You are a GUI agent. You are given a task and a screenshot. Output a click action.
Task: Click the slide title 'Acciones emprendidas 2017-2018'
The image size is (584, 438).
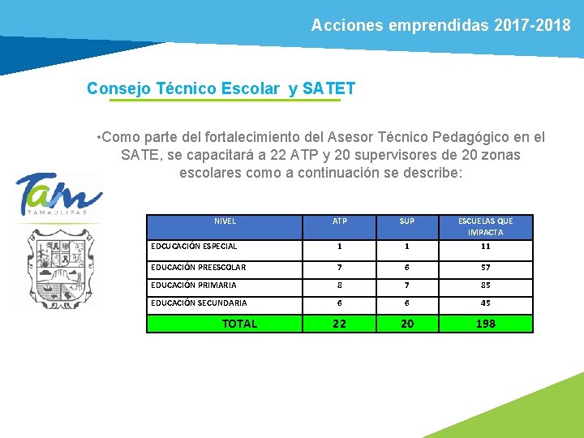point(440,25)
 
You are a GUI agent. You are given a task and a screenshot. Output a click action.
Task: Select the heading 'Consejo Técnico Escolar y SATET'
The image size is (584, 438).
point(221,88)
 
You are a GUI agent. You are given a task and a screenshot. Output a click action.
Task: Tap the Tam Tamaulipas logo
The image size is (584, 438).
point(59,195)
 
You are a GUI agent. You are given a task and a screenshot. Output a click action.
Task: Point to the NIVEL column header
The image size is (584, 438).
point(225,221)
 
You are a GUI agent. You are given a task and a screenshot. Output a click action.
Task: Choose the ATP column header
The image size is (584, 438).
point(340,221)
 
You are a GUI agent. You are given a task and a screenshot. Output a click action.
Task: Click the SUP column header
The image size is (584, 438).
point(407,221)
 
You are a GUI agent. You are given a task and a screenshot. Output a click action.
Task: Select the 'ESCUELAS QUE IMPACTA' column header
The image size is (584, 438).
point(485,226)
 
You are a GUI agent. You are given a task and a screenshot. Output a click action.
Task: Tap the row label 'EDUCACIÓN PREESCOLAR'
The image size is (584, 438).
point(199,267)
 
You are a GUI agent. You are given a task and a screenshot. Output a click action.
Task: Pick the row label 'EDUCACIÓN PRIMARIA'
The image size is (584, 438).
point(194,285)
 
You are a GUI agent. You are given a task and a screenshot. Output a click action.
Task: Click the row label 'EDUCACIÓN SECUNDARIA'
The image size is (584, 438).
point(199,303)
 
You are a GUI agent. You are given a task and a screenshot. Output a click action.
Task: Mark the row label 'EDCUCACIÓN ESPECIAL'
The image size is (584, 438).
point(195,247)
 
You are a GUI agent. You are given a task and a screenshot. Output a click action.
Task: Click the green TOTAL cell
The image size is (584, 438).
point(239,324)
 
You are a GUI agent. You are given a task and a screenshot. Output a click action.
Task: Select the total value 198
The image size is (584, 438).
point(485,324)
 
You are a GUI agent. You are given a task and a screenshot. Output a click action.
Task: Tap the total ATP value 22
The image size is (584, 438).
point(340,324)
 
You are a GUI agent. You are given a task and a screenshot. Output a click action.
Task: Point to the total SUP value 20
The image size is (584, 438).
point(407,324)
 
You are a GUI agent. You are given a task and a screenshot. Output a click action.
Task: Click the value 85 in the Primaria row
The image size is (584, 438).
point(485,285)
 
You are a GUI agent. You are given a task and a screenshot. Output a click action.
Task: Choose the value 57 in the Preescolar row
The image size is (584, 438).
point(485,267)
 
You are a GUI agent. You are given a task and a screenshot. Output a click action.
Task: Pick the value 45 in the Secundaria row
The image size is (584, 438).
point(485,303)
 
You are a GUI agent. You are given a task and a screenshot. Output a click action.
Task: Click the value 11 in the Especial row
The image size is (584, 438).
point(485,247)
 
